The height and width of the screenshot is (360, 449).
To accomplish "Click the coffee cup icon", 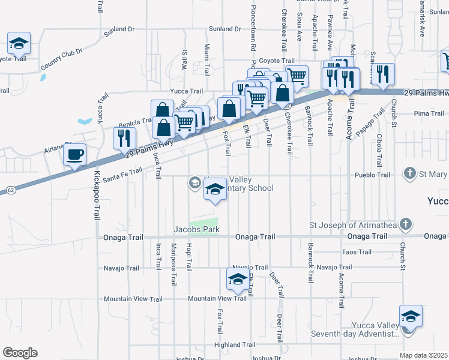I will point(74,155).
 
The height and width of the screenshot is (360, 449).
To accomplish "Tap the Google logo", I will point(20,353).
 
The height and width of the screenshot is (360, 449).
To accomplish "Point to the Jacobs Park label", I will point(196,229).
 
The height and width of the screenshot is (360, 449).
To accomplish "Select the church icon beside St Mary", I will point(410,174).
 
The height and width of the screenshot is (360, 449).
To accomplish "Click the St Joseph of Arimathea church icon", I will point(406,225).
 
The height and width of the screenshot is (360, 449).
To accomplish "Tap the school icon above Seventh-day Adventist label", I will point(411,316).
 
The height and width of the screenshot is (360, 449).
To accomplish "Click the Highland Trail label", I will point(235,345).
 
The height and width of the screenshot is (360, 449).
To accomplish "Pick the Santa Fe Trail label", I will point(122,175).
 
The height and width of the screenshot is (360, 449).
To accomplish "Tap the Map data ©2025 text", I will point(423,355).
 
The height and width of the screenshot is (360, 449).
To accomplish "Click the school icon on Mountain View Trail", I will point(238,279).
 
